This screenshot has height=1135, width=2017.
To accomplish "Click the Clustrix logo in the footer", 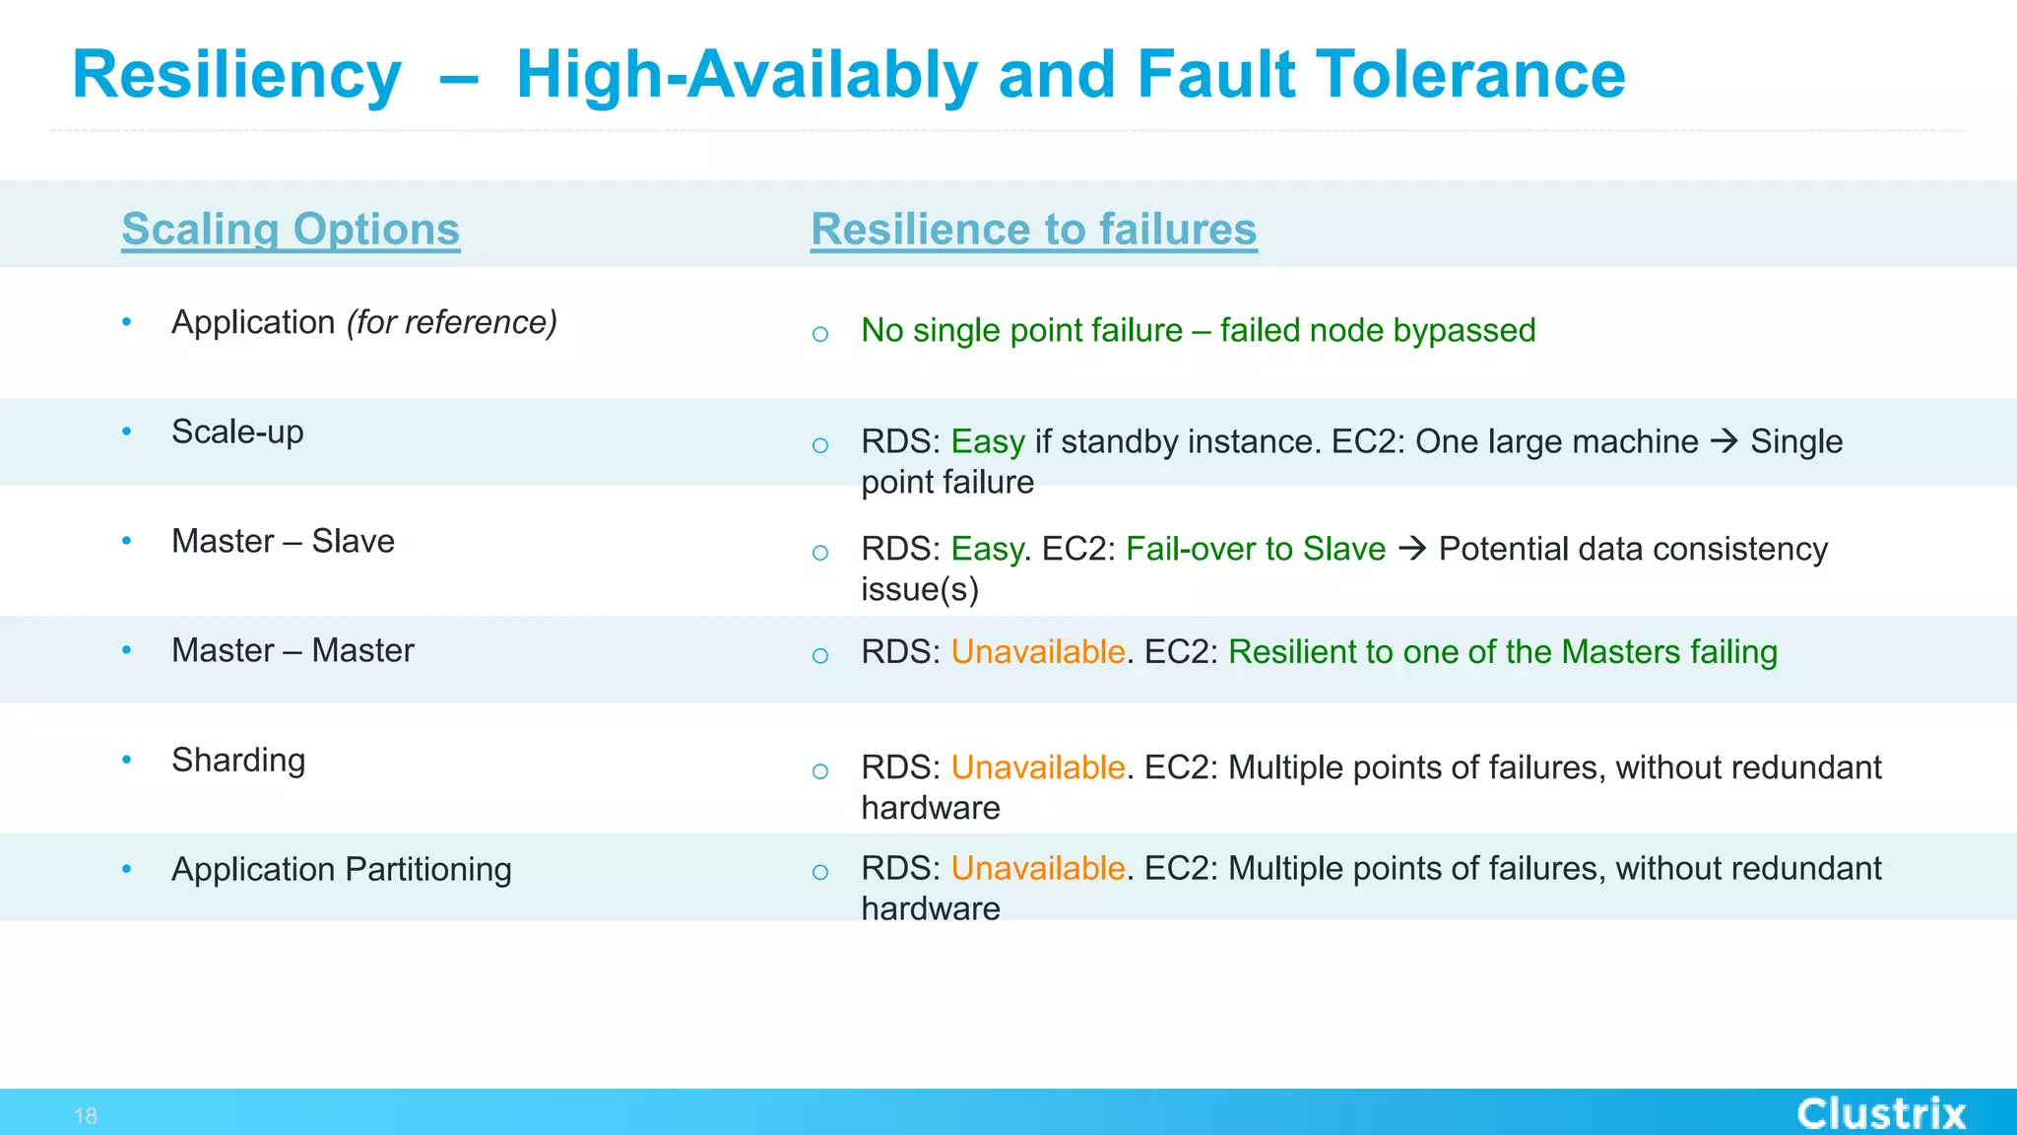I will pyautogui.click(x=1880, y=1114).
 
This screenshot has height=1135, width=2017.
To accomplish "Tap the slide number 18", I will pyautogui.click(x=86, y=1116).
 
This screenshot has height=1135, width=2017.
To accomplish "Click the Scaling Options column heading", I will pyautogui.click(x=291, y=229).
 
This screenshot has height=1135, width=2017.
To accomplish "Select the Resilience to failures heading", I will pyautogui.click(x=1033, y=229).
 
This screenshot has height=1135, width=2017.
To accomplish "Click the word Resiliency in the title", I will pyautogui.click(x=237, y=75).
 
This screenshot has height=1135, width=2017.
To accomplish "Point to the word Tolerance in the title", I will pyautogui.click(x=1471, y=75).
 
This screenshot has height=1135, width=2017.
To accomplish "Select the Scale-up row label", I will pyautogui.click(x=237, y=432).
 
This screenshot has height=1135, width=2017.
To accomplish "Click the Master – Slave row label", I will pyautogui.click(x=283, y=541).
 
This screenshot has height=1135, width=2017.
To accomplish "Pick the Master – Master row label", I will pyautogui.click(x=293, y=650).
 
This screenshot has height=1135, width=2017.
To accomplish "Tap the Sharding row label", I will pyautogui.click(x=238, y=760).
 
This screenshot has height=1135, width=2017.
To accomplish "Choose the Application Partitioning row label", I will pyautogui.click(x=341, y=869).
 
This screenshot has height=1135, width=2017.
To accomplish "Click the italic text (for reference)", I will pyautogui.click(x=452, y=322).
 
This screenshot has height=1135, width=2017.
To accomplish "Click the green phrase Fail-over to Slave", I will pyautogui.click(x=1255, y=549).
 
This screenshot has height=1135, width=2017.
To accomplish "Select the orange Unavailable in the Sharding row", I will pyautogui.click(x=1037, y=768).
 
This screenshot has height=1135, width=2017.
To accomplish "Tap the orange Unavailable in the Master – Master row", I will pyautogui.click(x=1037, y=652).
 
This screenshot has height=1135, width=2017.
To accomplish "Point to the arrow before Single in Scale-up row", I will pyautogui.click(x=1724, y=441).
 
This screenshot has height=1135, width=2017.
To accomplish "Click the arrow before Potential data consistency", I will pyautogui.click(x=1412, y=549).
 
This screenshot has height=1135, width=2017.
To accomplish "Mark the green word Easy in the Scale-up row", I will pyautogui.click(x=988, y=441).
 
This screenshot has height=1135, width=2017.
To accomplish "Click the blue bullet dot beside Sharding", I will pyautogui.click(x=126, y=760).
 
